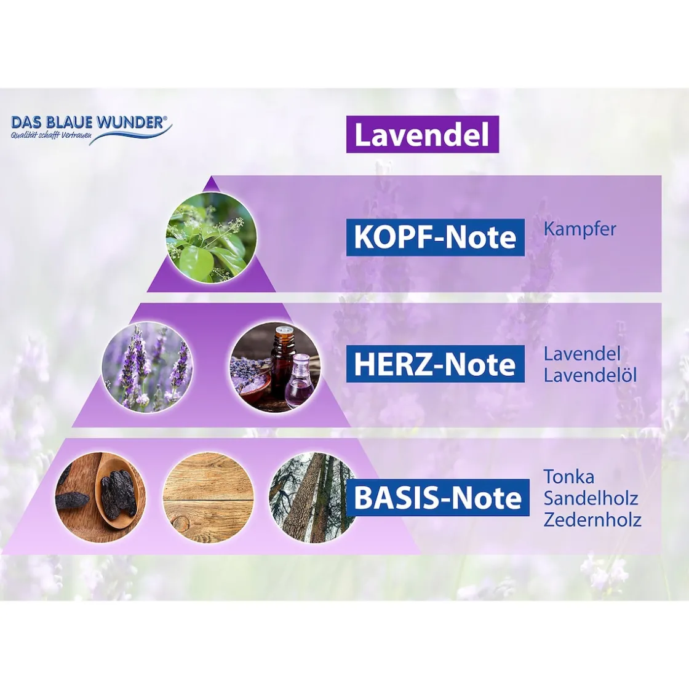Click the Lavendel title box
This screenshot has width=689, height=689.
(422, 135)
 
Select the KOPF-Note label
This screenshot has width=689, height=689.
(435, 237)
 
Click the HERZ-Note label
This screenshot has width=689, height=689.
(435, 364)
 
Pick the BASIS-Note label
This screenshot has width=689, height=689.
(437, 498)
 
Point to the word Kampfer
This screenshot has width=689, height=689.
(579, 229)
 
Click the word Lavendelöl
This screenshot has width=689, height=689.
(590, 375)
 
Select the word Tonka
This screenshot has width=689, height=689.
(568, 476)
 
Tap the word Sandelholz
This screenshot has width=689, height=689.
(591, 498)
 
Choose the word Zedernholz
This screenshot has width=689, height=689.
(592, 520)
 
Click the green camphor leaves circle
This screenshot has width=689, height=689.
(210, 237)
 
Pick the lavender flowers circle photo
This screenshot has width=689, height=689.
(147, 367)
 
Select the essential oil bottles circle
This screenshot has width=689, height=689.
(274, 367)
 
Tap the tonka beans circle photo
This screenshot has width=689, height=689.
(101, 497)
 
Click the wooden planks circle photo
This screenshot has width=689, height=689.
(208, 497)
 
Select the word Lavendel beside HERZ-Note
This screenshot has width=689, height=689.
(573, 354)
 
